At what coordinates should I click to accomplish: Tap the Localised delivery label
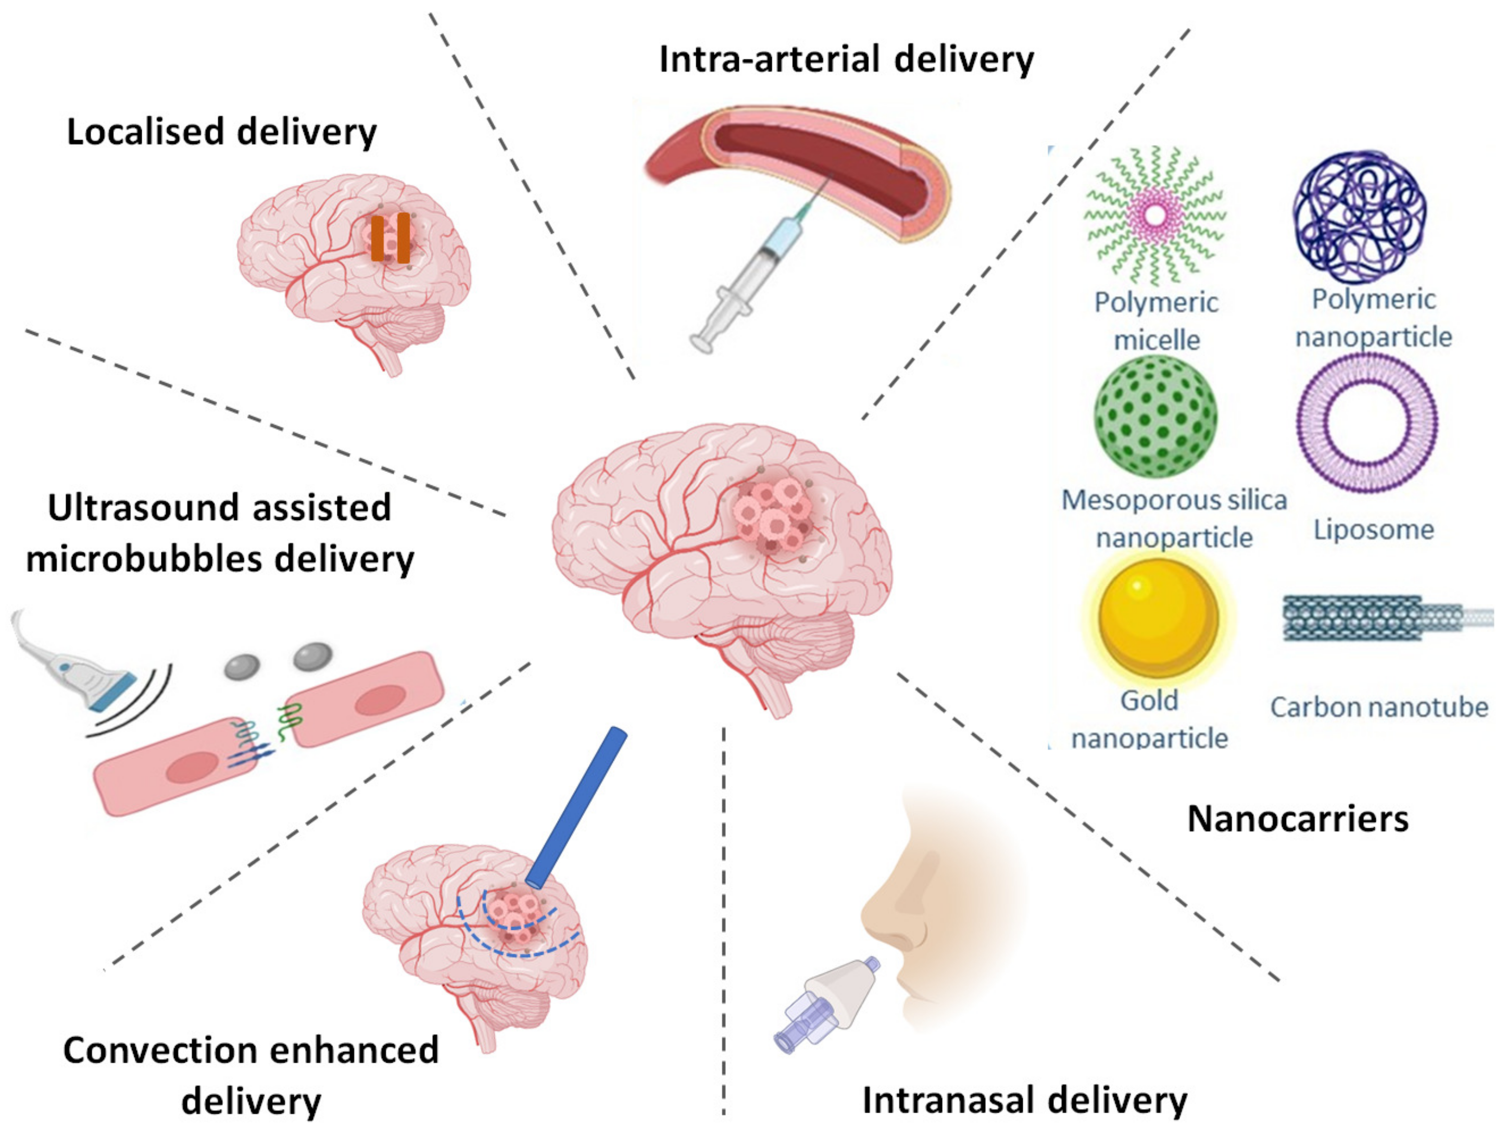[x=221, y=132]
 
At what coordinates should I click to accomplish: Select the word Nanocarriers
[x=1297, y=818]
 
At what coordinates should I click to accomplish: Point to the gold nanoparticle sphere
[x=1158, y=617]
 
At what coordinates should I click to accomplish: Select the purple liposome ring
[x=1366, y=423]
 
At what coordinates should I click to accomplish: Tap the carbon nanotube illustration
[x=1377, y=619]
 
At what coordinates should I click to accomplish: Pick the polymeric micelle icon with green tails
[x=1155, y=216]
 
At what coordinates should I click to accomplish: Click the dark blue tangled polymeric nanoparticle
[x=1360, y=217]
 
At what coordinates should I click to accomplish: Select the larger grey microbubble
[x=313, y=656]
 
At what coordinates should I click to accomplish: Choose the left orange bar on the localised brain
[x=377, y=238]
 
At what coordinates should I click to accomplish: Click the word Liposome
[x=1374, y=529]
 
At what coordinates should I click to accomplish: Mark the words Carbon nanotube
[x=1378, y=707]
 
